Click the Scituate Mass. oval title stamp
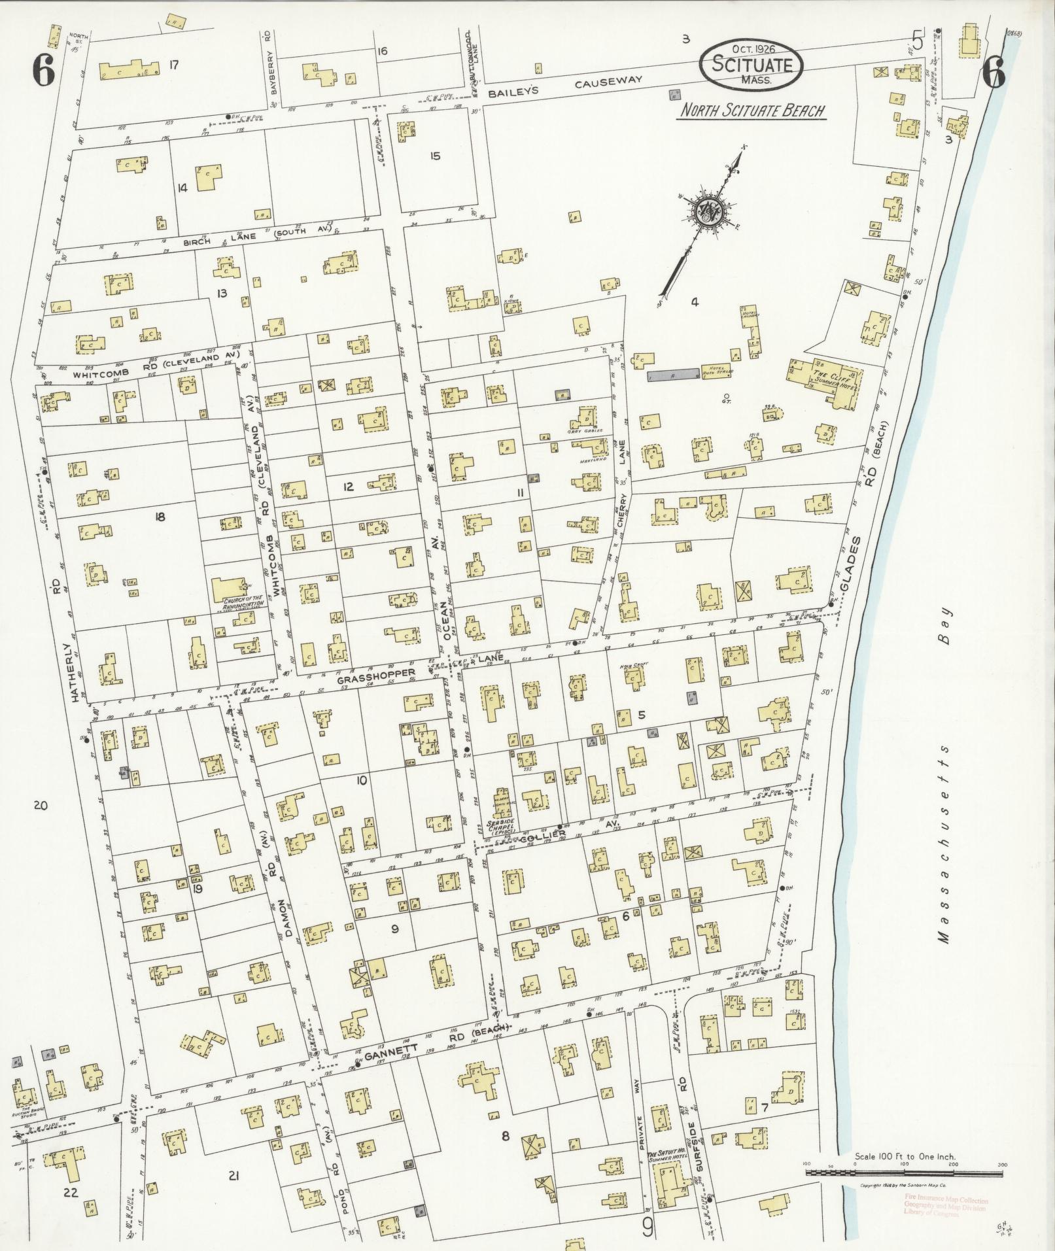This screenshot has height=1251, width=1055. click(752, 65)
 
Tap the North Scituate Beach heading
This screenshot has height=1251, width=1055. click(752, 111)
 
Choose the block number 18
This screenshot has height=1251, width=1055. click(160, 517)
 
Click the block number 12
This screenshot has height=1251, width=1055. click(348, 487)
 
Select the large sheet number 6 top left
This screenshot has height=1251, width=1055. click(43, 72)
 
